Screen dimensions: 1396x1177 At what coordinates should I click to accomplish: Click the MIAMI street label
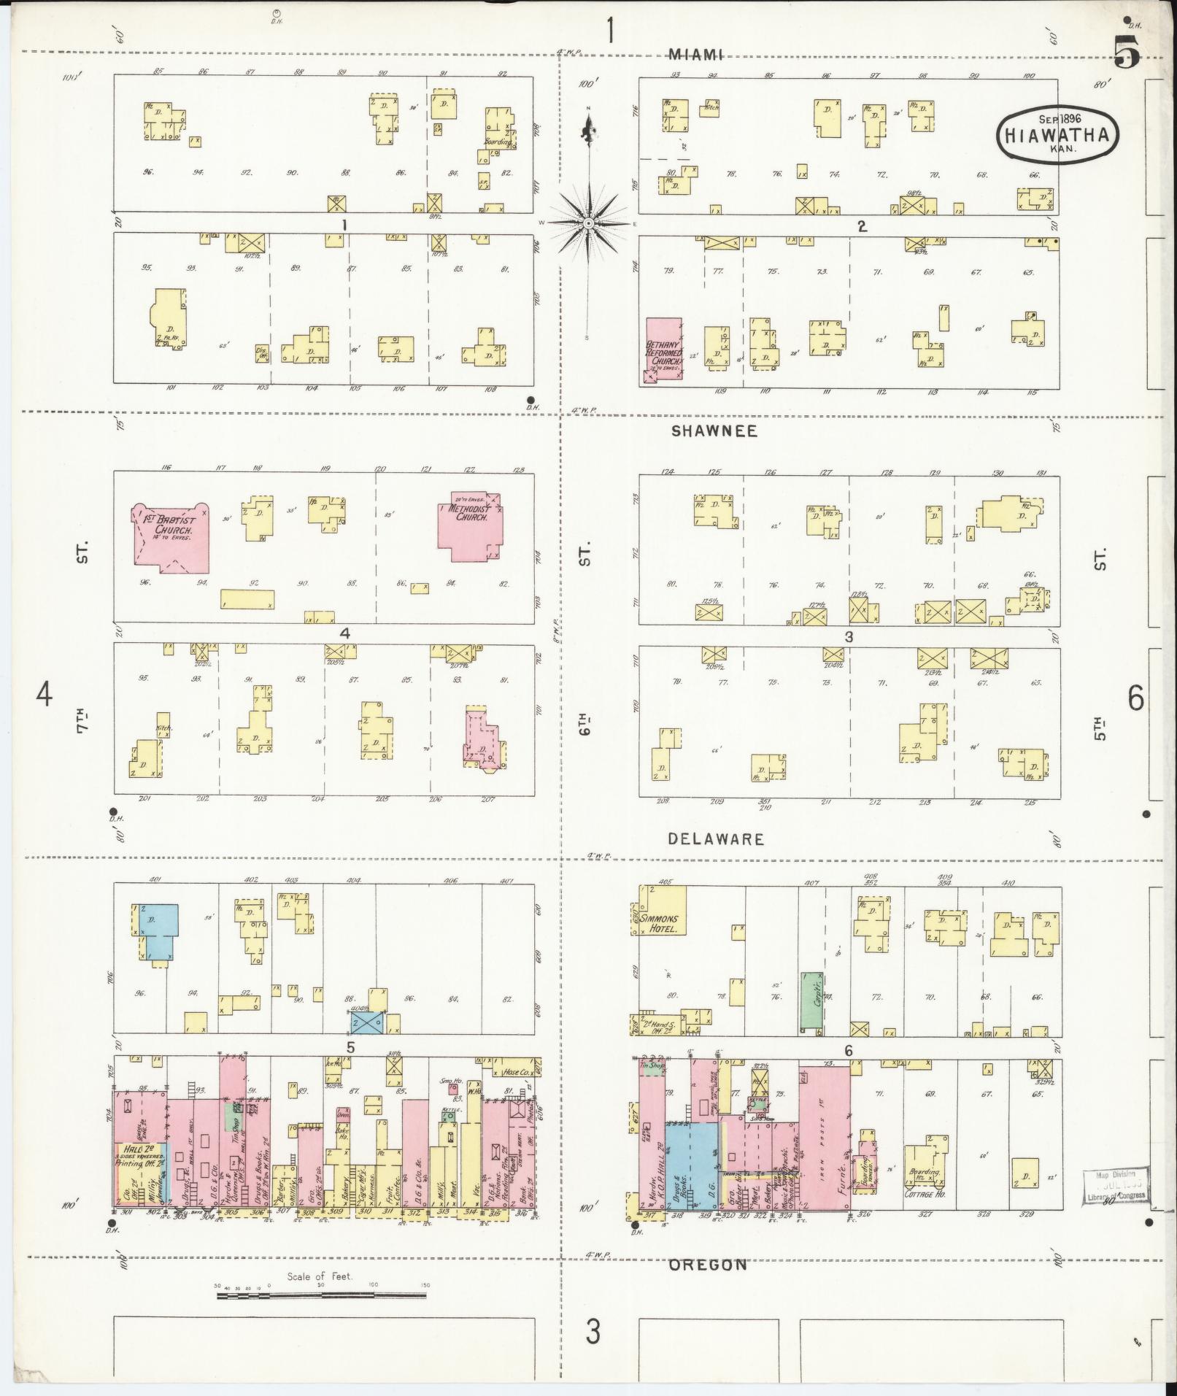click(695, 55)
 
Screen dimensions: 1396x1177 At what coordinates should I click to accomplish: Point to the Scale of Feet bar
click(321, 1296)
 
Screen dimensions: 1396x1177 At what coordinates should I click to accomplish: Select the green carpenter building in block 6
click(809, 1000)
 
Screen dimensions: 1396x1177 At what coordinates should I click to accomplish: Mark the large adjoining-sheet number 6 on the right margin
click(1135, 699)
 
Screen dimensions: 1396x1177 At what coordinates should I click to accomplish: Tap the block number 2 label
click(862, 227)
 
